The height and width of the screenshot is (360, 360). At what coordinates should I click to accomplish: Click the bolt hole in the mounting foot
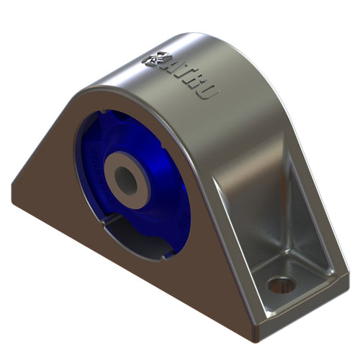(x=282, y=284)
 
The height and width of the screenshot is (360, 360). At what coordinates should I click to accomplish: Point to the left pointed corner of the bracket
(x=12, y=189)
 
